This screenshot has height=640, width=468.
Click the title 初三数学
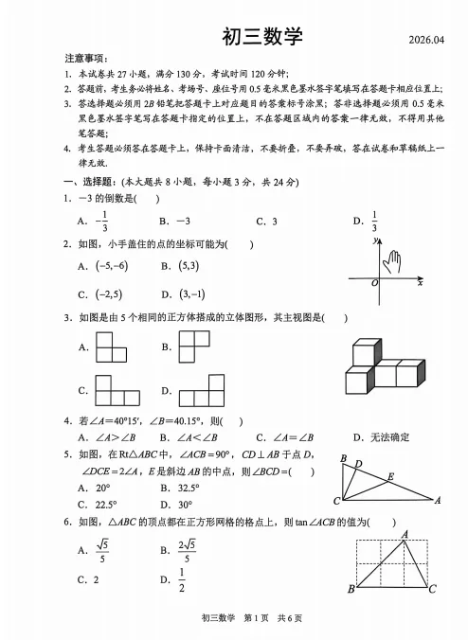pyautogui.click(x=261, y=37)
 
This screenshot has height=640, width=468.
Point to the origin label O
pyautogui.click(x=374, y=283)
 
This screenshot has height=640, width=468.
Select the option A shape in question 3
pyautogui.click(x=114, y=347)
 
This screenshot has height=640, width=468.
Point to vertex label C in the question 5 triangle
pyautogui.click(x=336, y=501)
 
